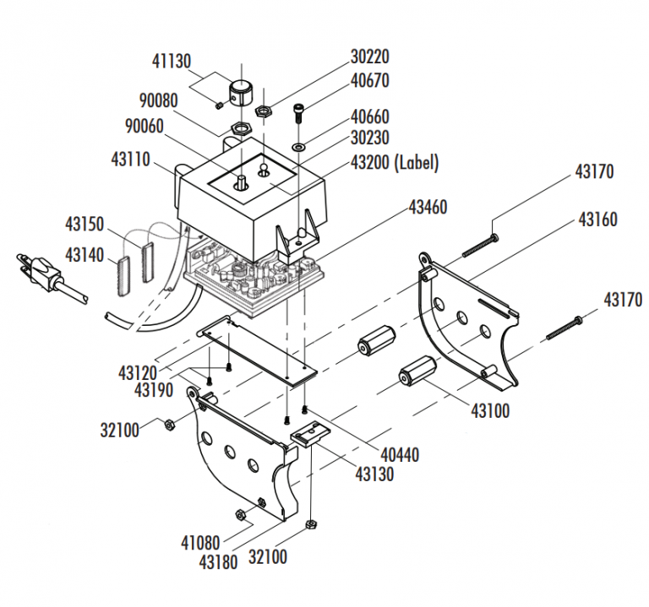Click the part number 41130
click(x=172, y=61)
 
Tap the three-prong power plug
click(x=39, y=268)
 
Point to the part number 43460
click(x=428, y=207)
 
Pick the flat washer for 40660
click(x=299, y=149)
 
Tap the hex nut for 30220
click(x=264, y=109)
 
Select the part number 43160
click(x=597, y=219)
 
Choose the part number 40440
click(x=399, y=455)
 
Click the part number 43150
click(x=85, y=225)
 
